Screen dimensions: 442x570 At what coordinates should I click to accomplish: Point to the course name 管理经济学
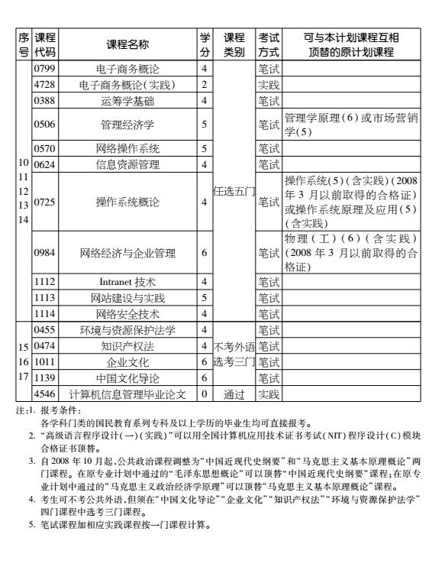pyautogui.click(x=127, y=122)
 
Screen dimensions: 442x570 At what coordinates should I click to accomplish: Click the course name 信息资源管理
pyautogui.click(x=127, y=163)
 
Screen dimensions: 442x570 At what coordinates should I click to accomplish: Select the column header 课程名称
pyautogui.click(x=127, y=45)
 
